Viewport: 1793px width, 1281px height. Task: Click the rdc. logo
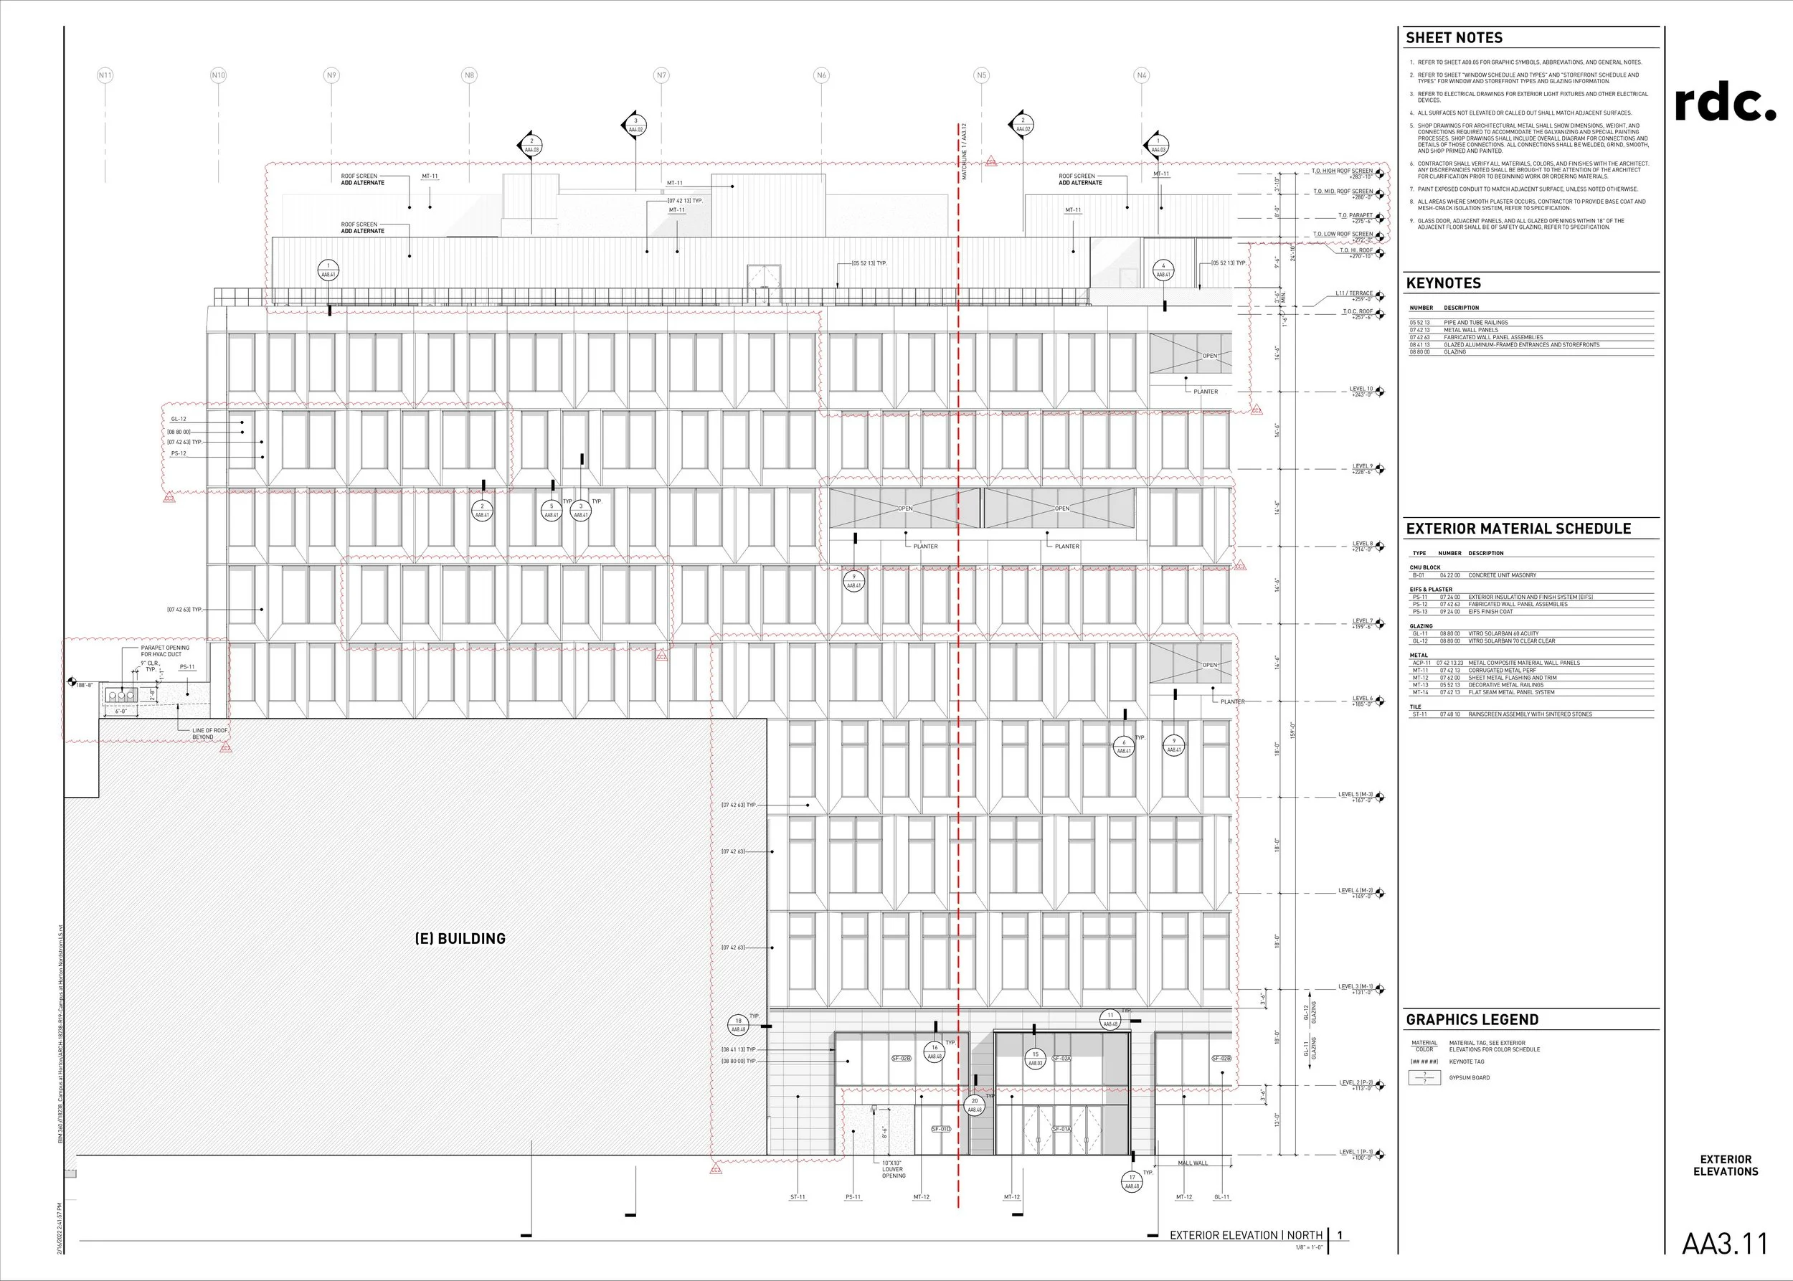tap(1725, 103)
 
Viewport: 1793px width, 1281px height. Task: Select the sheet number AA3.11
tap(1724, 1244)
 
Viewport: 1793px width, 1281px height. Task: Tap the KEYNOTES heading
tap(1444, 283)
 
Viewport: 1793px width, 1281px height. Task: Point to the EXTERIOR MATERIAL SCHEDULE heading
tap(1518, 529)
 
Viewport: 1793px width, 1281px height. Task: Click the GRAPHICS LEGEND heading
tap(1472, 1019)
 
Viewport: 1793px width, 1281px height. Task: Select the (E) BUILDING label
tap(460, 939)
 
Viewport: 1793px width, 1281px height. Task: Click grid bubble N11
tap(105, 76)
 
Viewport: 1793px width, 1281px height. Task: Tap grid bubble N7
tap(661, 76)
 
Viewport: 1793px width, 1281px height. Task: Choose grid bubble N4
tap(1140, 76)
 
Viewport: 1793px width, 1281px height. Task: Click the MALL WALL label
tap(1193, 1163)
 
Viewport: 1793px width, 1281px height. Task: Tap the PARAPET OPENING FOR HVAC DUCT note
tap(165, 651)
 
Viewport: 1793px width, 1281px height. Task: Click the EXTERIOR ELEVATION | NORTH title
tap(1246, 1235)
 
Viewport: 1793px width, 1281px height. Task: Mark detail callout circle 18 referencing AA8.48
tap(738, 1025)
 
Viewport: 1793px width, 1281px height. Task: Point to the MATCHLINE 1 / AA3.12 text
tap(964, 151)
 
